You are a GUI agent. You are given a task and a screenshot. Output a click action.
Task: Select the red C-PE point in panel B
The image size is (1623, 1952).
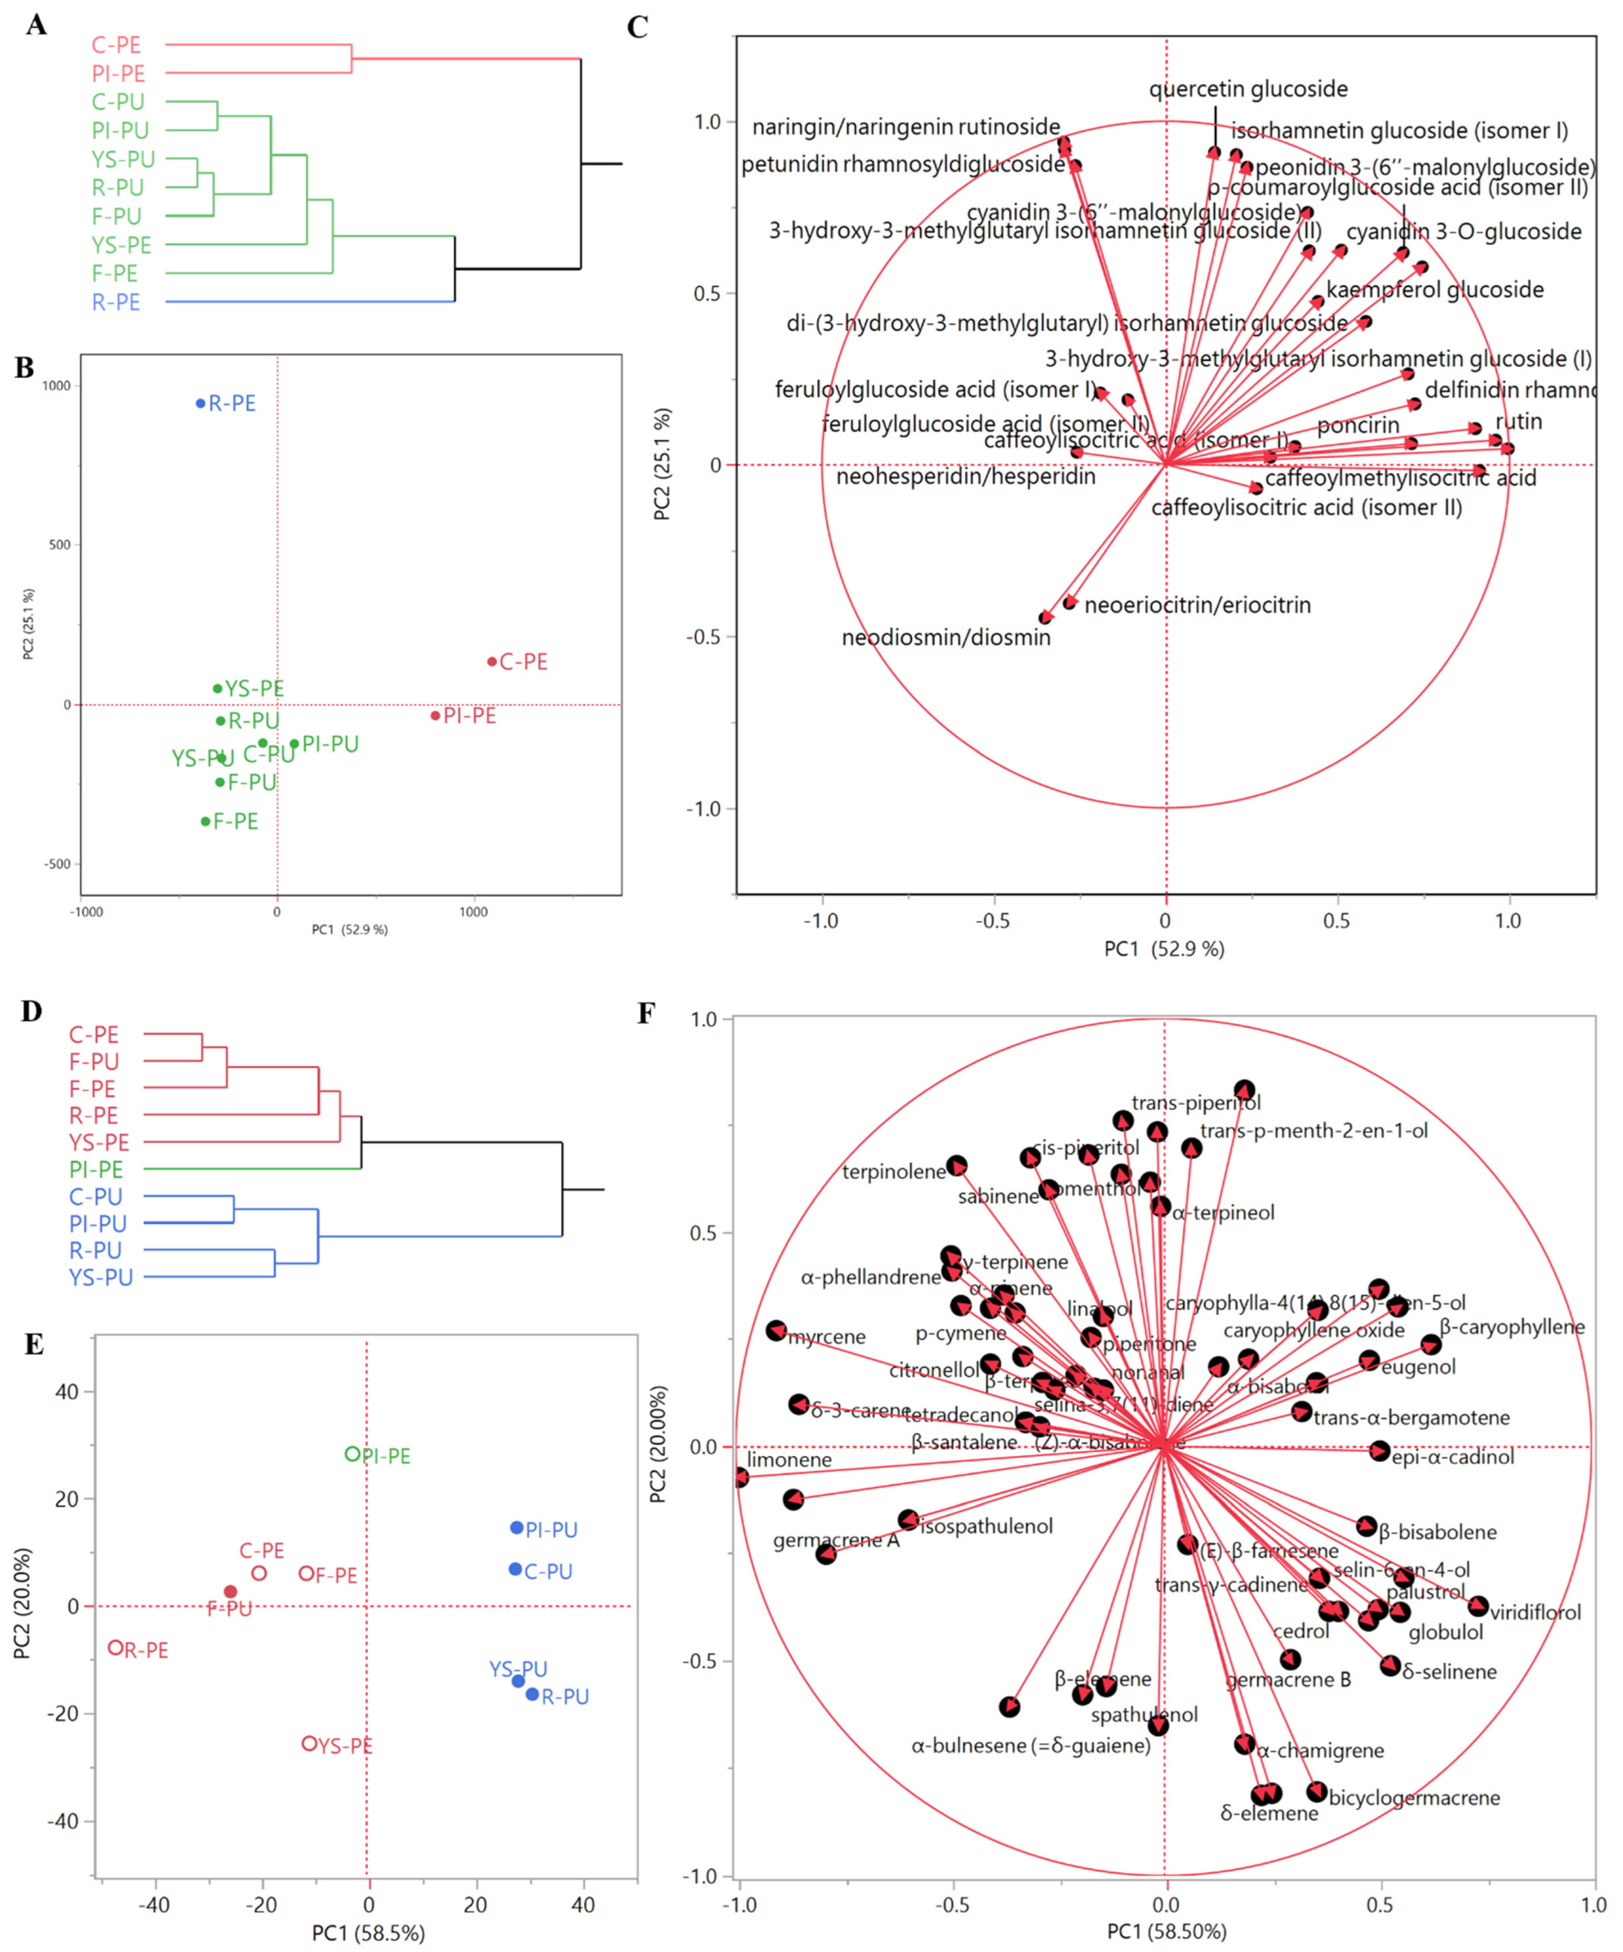[x=492, y=662]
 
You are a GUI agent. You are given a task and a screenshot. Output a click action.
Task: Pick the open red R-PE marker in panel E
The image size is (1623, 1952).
[x=116, y=1648]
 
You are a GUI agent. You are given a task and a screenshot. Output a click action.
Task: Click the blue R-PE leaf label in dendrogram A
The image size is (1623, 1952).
[x=116, y=302]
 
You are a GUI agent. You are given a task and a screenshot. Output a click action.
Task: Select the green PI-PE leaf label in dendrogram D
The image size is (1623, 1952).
[x=96, y=1169]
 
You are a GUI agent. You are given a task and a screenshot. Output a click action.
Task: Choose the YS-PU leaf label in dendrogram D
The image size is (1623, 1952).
[x=100, y=1277]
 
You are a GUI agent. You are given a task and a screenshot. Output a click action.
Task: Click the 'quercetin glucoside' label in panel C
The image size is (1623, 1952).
[x=1248, y=89]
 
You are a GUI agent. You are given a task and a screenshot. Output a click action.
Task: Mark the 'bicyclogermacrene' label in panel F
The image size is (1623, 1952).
[x=1414, y=1798]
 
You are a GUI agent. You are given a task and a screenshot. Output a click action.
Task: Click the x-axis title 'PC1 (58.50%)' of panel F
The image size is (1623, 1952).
[x=1166, y=1931]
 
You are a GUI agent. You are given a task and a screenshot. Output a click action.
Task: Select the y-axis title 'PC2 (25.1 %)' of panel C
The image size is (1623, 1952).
[x=662, y=465]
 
